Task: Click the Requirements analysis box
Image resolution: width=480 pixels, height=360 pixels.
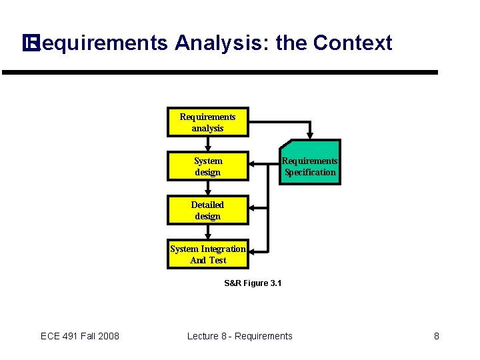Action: tap(207, 122)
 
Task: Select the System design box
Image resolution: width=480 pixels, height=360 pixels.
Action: tap(207, 166)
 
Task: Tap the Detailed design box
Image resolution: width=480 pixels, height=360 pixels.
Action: tap(207, 210)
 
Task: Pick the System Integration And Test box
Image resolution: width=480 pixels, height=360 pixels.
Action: tap(207, 254)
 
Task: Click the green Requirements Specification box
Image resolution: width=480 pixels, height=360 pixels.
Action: tap(309, 162)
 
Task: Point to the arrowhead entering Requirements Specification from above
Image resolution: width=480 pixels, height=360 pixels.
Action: tap(309, 135)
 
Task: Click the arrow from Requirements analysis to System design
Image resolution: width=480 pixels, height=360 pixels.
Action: tap(208, 144)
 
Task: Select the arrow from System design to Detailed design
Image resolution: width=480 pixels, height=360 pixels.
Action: tap(208, 188)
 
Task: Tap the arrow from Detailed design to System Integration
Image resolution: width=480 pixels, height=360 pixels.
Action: tap(208, 232)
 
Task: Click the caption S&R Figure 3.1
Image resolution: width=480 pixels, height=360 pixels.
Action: tap(253, 283)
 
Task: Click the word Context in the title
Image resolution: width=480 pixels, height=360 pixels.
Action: tap(352, 43)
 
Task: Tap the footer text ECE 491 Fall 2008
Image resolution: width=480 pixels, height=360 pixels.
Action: tap(80, 336)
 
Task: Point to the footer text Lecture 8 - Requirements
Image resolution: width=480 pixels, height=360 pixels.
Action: tap(239, 336)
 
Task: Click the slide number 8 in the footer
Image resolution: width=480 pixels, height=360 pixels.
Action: tap(437, 336)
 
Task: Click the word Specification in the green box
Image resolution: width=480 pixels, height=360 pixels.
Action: tap(310, 172)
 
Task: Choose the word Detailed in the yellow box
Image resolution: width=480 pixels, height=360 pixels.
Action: tap(207, 205)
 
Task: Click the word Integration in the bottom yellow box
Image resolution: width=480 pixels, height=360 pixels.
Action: tap(223, 249)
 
